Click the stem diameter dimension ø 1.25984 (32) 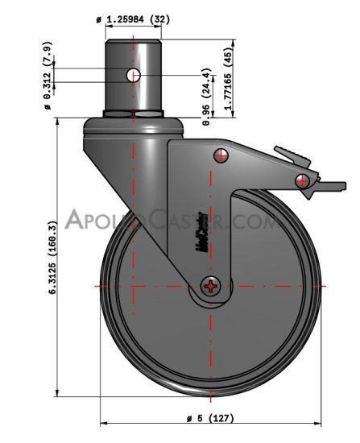(133, 18)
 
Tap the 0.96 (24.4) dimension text (207, 106)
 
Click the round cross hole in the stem (134, 76)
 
